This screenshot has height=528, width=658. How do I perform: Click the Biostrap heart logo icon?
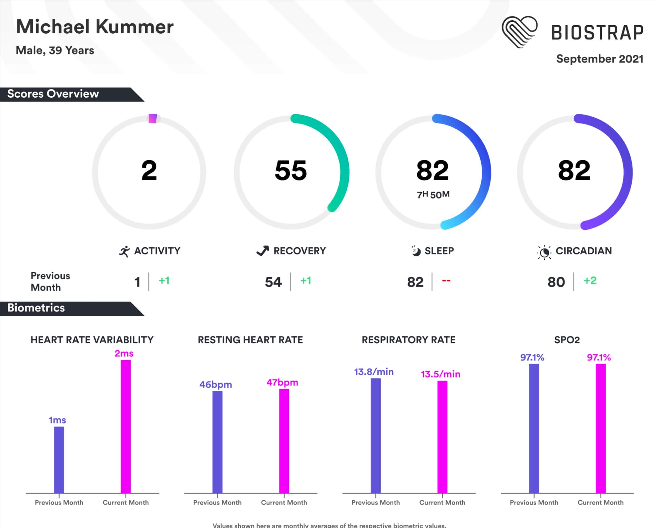(x=519, y=32)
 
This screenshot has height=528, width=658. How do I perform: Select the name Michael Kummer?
(x=94, y=27)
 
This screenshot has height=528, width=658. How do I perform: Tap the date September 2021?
(x=599, y=59)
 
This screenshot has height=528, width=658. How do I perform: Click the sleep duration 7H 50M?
(x=433, y=194)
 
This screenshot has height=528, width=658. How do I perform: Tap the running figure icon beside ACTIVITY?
(x=124, y=251)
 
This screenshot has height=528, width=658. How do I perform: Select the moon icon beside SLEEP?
(x=415, y=251)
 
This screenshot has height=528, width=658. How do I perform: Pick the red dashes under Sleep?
(x=446, y=280)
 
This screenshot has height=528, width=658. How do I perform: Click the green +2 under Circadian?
(x=590, y=280)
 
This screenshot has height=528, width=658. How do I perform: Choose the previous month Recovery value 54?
(x=273, y=282)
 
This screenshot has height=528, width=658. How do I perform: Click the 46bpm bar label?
(x=215, y=385)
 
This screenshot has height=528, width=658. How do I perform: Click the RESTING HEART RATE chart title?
(x=250, y=340)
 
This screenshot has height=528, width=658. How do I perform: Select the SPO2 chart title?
(x=567, y=340)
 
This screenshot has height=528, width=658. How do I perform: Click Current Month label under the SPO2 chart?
(x=600, y=502)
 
